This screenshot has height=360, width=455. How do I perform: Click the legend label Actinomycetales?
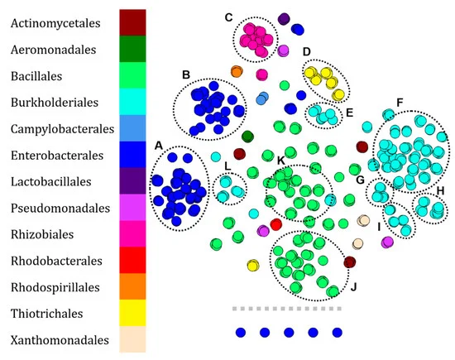55,23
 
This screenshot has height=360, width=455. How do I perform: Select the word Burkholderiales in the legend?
55,103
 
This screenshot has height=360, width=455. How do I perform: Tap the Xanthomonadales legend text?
60,340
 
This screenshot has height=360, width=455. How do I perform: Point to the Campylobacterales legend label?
62,129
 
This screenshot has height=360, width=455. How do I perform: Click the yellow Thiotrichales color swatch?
132,313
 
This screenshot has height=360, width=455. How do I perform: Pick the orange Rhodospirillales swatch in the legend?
132,286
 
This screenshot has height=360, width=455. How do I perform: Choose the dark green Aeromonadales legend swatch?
132,49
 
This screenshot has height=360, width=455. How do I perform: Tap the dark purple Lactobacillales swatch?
132,181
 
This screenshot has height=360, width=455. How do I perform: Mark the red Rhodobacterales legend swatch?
132,260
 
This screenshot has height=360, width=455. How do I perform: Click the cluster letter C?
228,17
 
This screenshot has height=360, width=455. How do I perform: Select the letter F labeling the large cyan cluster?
400,103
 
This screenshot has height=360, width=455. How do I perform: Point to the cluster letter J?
353,287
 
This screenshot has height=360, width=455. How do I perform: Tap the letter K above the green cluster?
280,161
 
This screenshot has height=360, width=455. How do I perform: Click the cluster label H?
440,190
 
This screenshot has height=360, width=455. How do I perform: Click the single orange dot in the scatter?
237,71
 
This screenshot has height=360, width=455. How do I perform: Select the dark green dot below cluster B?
247,137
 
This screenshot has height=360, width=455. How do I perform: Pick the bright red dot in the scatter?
276,224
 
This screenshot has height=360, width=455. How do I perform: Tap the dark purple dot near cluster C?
284,19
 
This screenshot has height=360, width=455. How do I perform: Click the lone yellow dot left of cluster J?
253,266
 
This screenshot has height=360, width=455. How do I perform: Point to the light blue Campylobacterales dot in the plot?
262,98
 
